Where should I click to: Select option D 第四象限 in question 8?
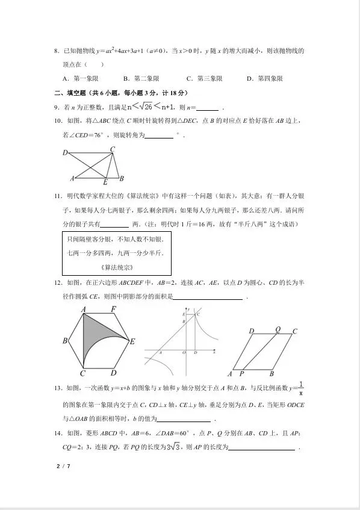(265, 78)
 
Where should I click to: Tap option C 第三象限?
(205, 78)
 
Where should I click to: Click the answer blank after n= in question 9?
(207, 108)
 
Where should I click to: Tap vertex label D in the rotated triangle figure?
(65, 153)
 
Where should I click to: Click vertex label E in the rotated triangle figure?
(105, 182)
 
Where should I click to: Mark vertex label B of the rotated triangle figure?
(121, 178)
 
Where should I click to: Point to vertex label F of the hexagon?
(114, 309)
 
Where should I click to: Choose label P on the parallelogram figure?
(240, 374)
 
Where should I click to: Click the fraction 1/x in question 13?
(301, 388)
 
